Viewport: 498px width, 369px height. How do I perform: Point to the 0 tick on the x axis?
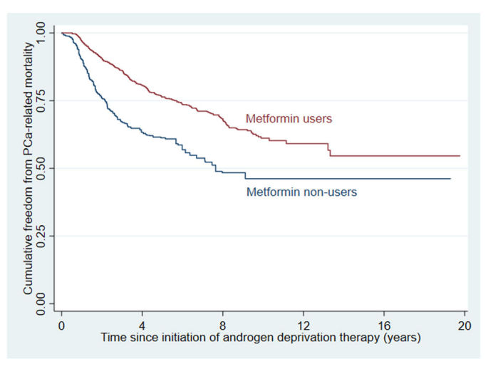click(61, 325)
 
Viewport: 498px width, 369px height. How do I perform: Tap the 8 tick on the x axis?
click(223, 325)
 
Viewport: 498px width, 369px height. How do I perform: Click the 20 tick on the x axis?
click(465, 325)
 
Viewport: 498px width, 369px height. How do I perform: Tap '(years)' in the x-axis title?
click(400, 338)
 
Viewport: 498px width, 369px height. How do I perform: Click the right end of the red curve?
click(460, 155)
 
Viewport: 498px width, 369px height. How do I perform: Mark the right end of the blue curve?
click(450, 178)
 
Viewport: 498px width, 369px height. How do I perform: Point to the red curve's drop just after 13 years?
click(329, 149)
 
